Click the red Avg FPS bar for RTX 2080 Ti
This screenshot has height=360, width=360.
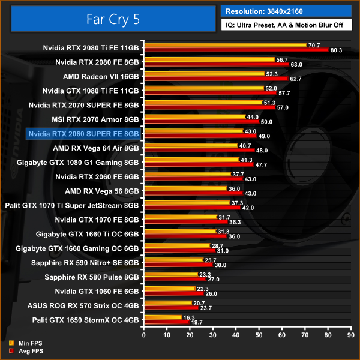click(236, 50)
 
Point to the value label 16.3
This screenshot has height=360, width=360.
click(188, 317)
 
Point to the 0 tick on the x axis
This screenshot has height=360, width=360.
click(143, 335)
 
